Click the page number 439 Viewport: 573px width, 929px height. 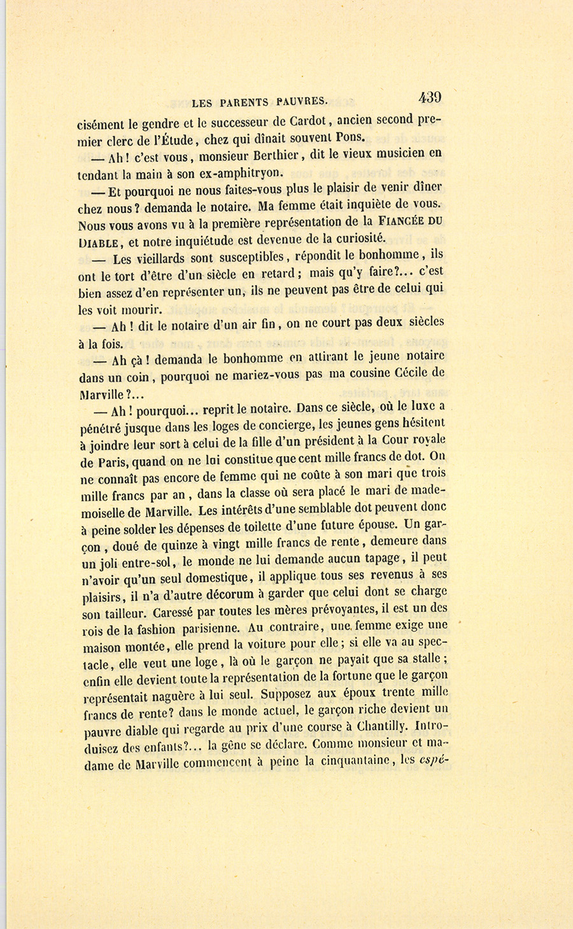tap(430, 97)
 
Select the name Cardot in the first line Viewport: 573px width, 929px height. tap(309, 120)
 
